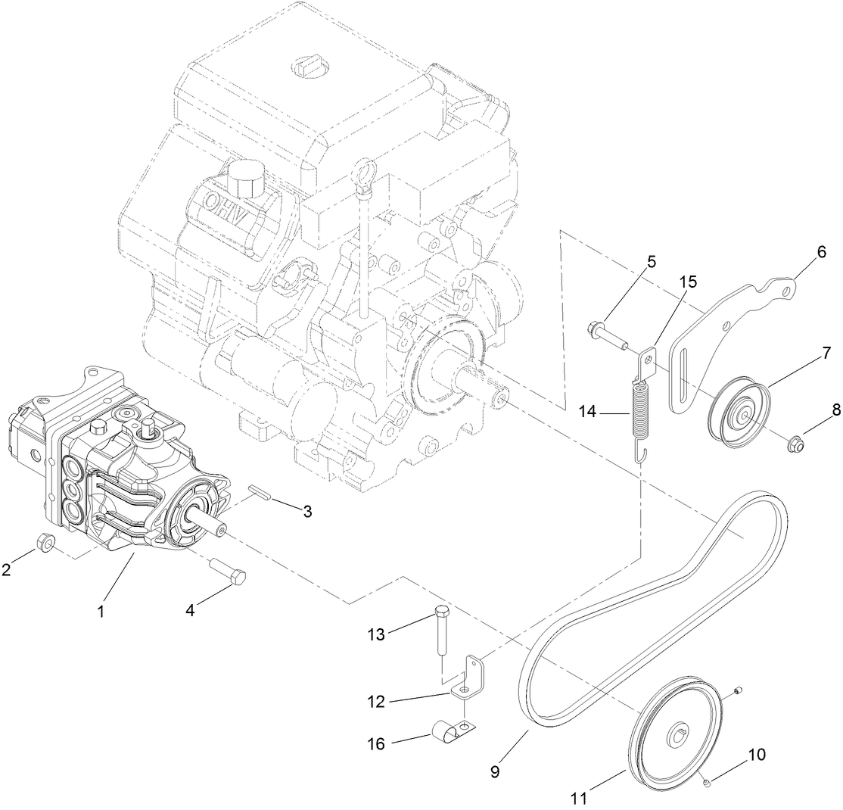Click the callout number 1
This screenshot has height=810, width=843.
(x=100, y=611)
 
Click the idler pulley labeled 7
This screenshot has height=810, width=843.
(x=738, y=414)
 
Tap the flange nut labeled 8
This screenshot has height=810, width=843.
(x=802, y=438)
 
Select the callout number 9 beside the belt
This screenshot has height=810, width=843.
(x=495, y=772)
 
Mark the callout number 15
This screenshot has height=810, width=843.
(x=687, y=282)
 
